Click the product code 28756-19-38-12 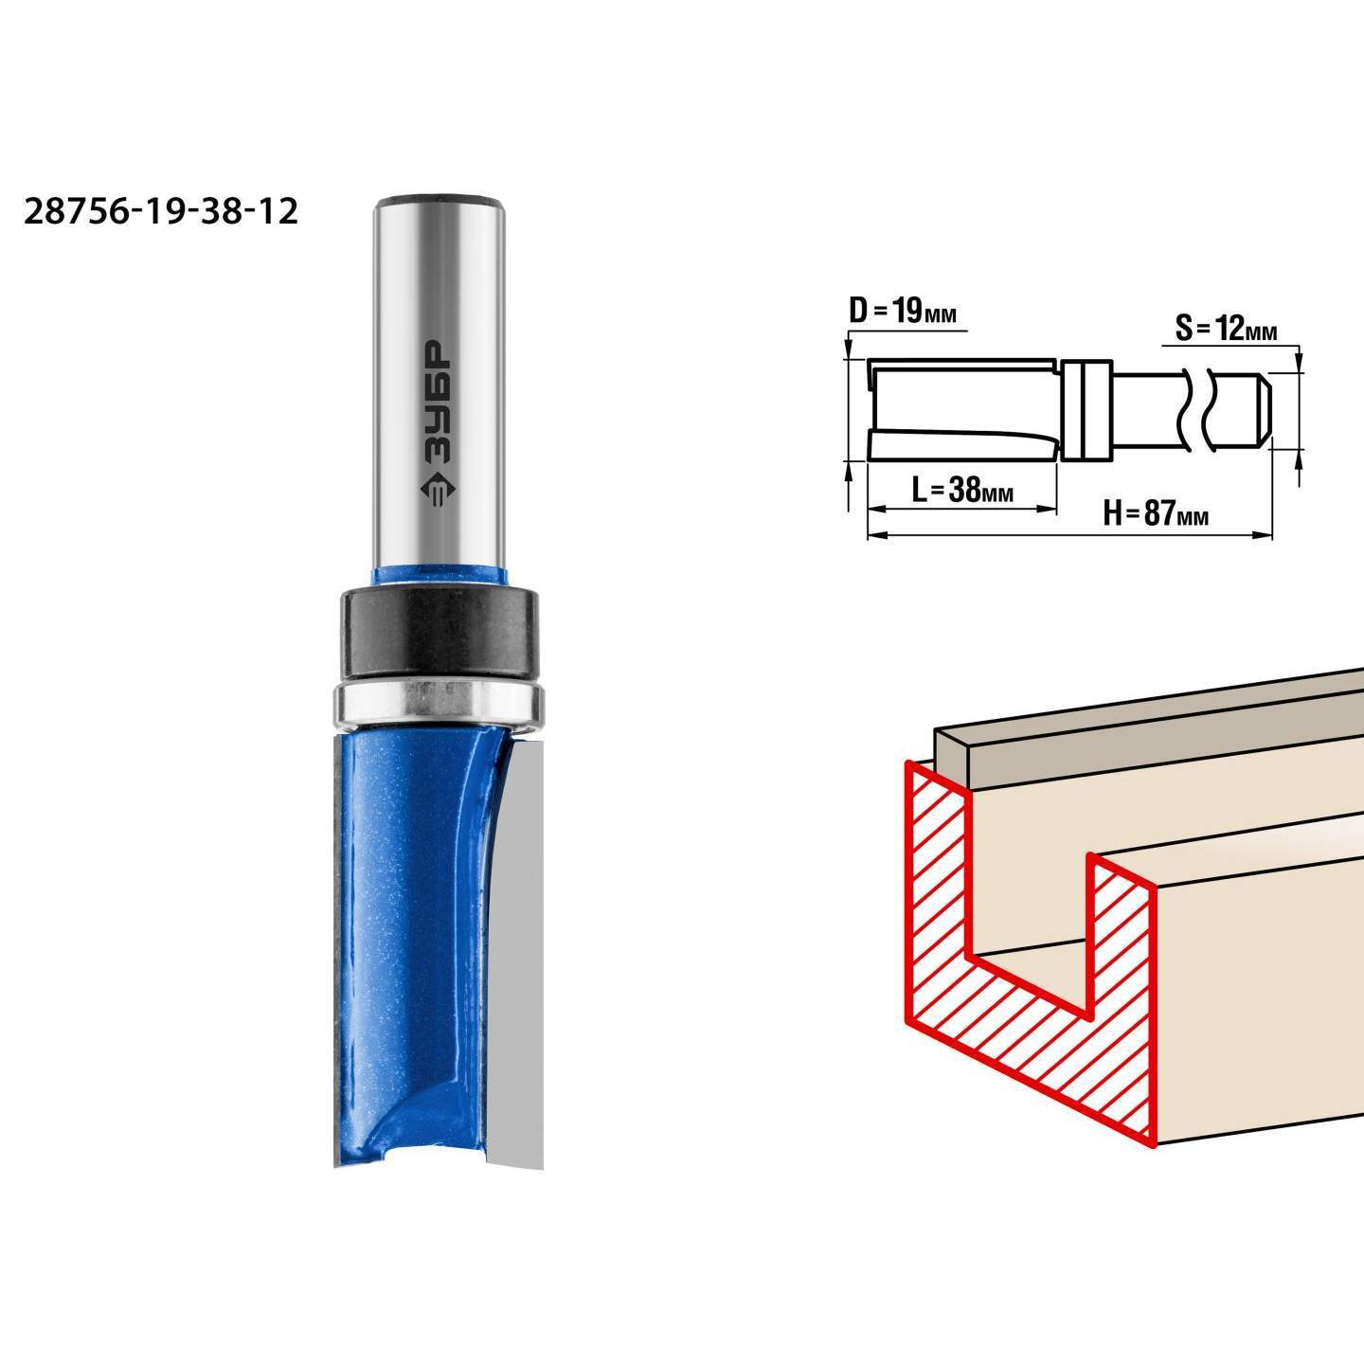tap(161, 211)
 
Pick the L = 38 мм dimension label tap(962, 490)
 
